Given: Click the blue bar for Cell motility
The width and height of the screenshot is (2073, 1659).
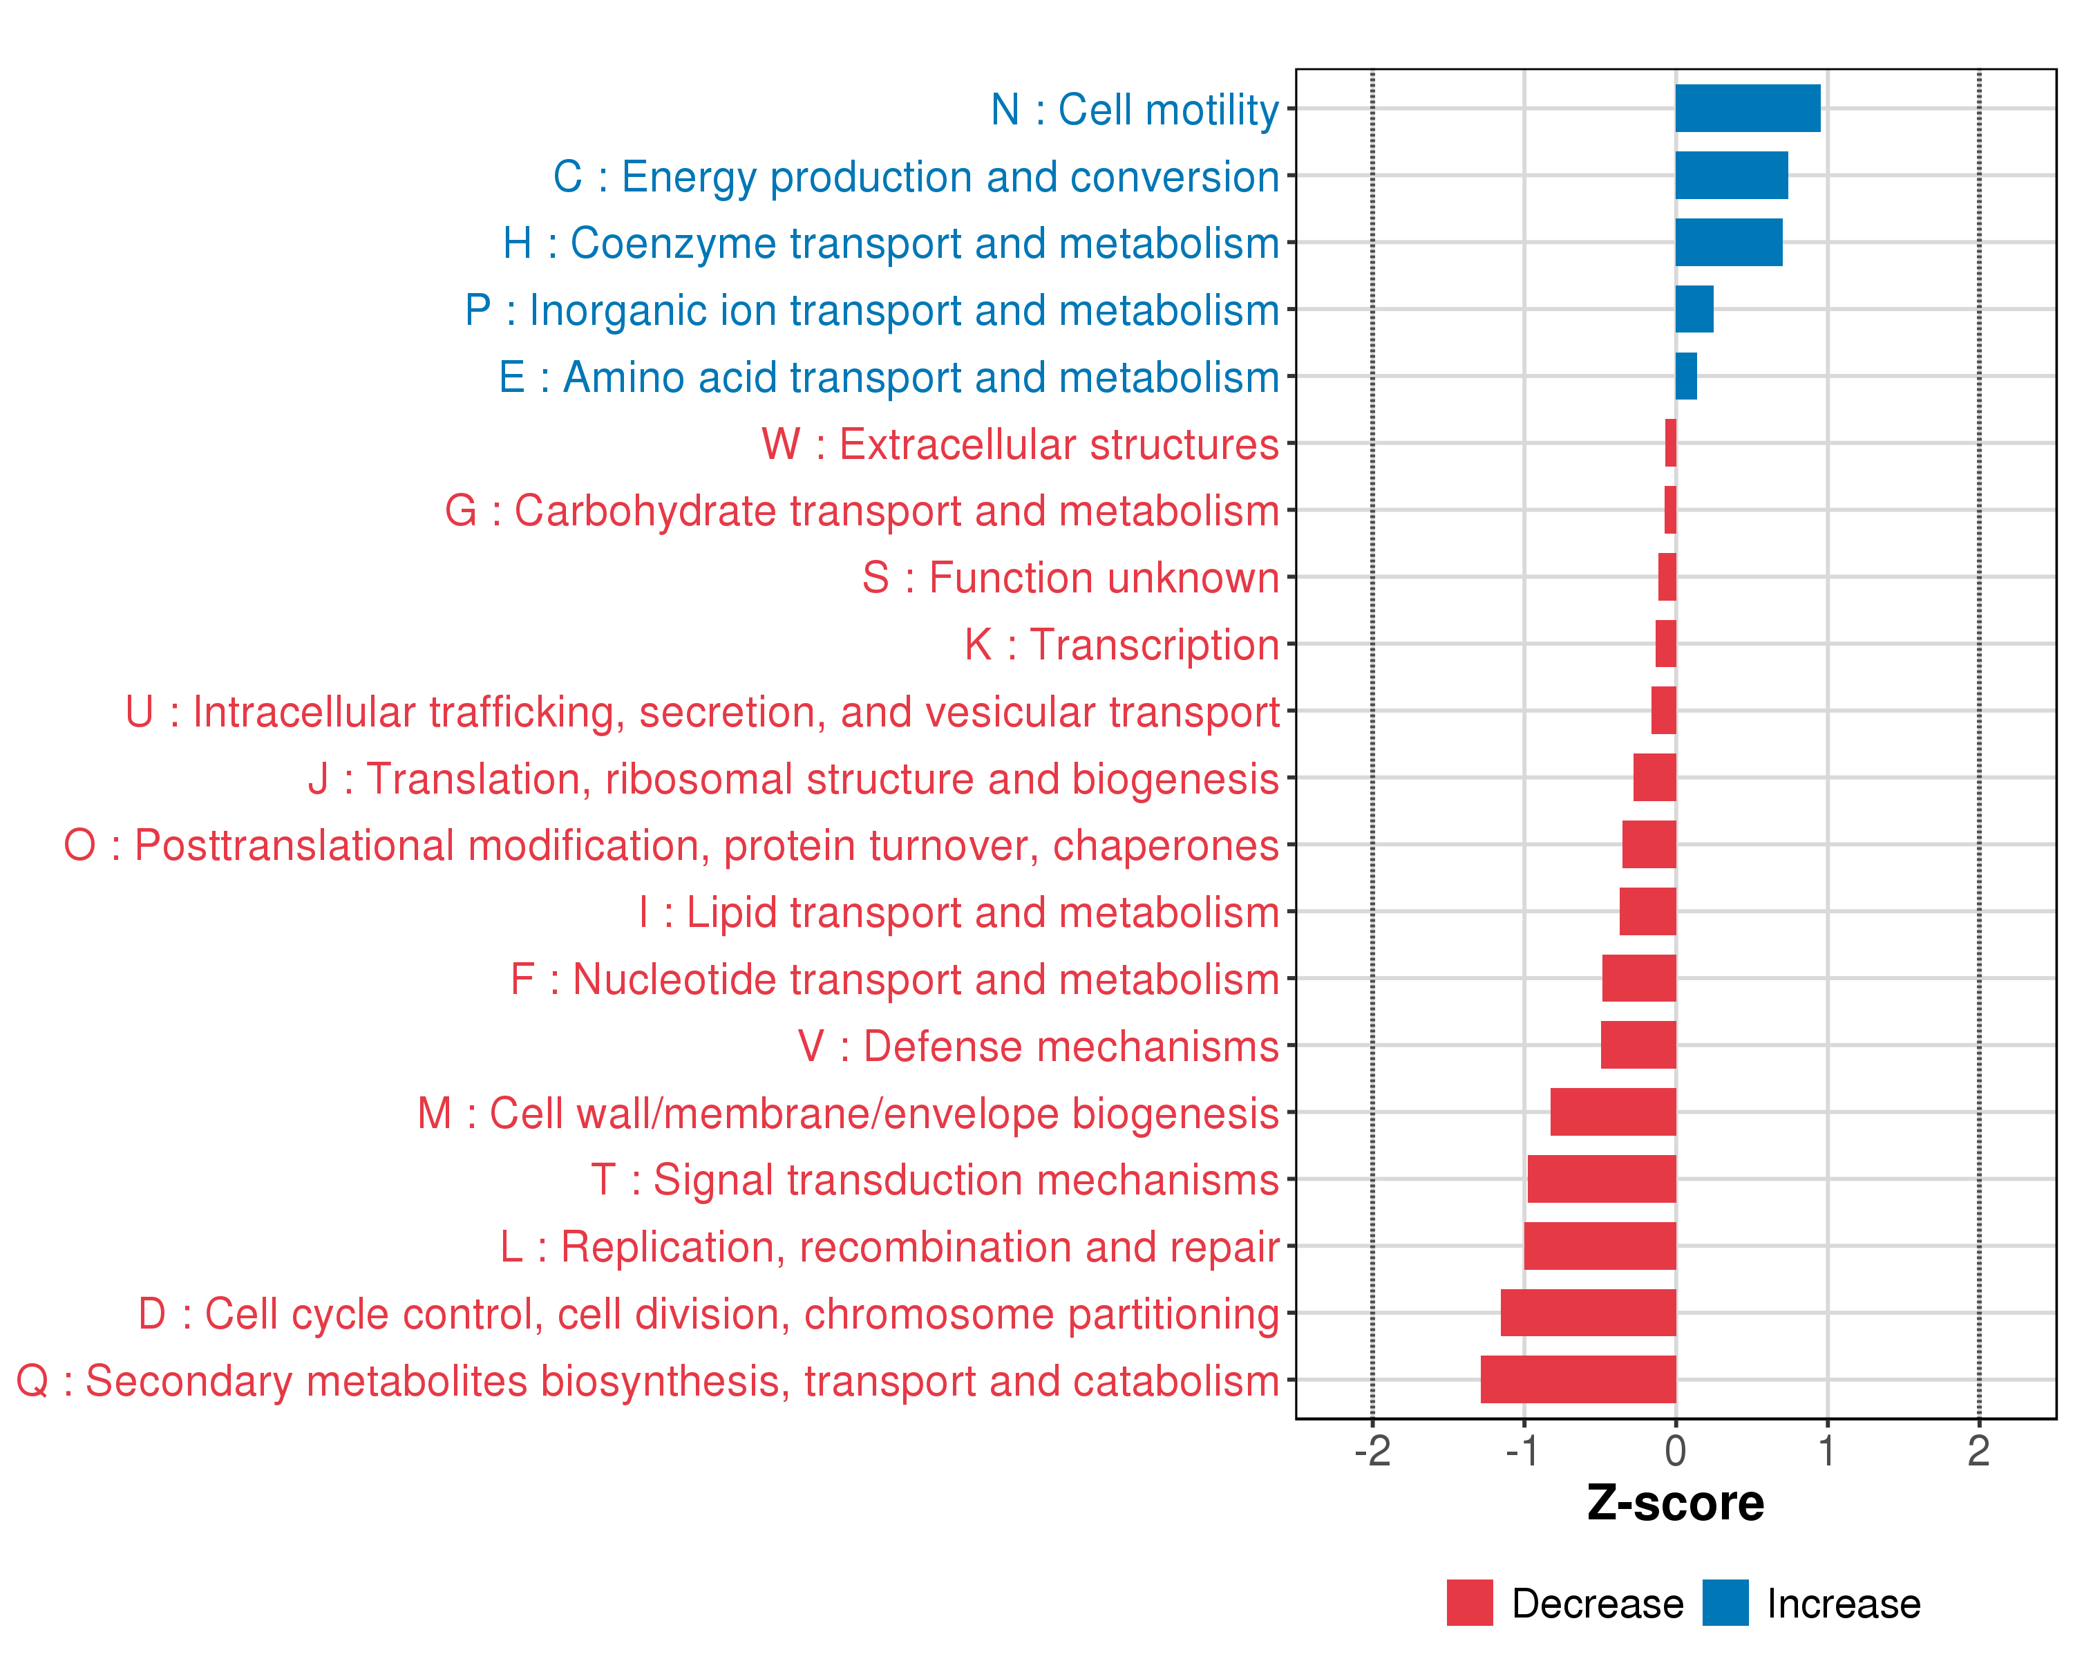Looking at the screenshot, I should (1747, 109).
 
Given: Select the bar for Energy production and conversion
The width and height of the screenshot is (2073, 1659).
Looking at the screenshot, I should (1731, 175).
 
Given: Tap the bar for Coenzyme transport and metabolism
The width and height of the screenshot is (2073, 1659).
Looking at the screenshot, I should (1727, 243).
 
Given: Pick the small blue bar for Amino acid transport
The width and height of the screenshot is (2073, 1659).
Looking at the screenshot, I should (1685, 376).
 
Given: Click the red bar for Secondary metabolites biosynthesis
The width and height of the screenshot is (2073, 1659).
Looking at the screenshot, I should (1578, 1379).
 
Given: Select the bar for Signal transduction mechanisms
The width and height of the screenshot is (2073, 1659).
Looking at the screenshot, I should (1601, 1179).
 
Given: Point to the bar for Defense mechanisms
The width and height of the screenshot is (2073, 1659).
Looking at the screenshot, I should (1638, 1045).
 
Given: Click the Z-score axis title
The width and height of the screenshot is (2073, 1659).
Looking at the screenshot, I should (1675, 1504).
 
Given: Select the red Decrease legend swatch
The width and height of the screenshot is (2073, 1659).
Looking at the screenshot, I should (1469, 1603).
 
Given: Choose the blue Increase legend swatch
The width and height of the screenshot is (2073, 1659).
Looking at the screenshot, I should (1725, 1603).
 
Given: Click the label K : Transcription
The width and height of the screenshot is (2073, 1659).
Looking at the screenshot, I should (1121, 644).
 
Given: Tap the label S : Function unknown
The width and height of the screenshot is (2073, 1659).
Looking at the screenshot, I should (1070, 578).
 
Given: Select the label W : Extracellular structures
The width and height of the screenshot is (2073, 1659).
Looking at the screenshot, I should (1020, 444).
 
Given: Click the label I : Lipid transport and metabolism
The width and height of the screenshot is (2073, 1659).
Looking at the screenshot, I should (958, 912).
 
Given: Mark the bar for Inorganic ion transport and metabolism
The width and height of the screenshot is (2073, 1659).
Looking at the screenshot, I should (1694, 309).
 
